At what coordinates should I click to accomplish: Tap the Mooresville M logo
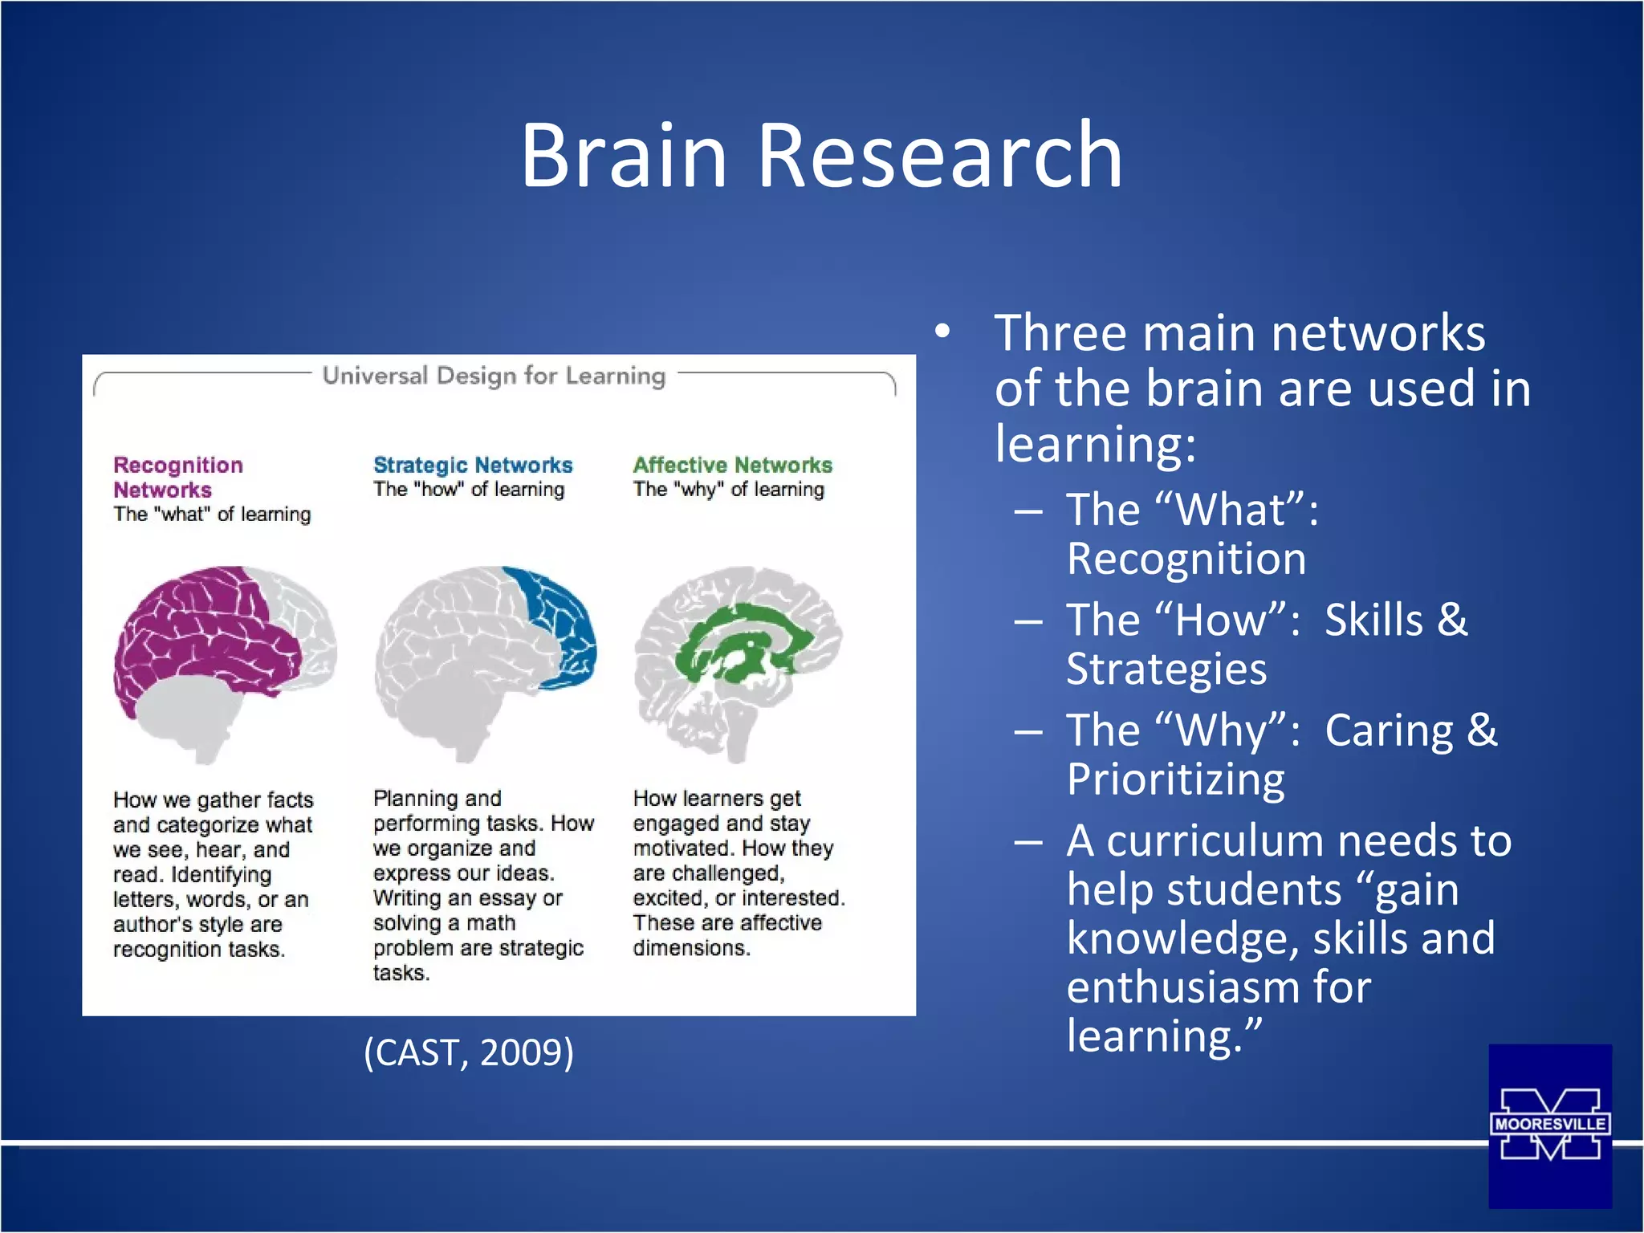pyautogui.click(x=1549, y=1125)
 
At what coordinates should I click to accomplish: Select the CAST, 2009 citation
pyautogui.click(x=469, y=1052)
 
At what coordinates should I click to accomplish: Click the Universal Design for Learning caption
pyautogui.click(x=494, y=376)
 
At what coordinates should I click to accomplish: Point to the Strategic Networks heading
pyautogui.click(x=473, y=465)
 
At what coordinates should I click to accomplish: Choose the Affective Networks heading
pyautogui.click(x=732, y=465)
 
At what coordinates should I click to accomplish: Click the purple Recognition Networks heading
pyautogui.click(x=177, y=477)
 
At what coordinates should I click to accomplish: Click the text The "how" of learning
pyautogui.click(x=469, y=490)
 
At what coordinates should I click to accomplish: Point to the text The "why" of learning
pyautogui.click(x=728, y=490)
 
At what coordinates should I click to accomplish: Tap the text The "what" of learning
pyautogui.click(x=212, y=515)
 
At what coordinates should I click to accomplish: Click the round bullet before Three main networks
pyautogui.click(x=942, y=332)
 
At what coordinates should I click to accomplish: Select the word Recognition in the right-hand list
pyautogui.click(x=1186, y=559)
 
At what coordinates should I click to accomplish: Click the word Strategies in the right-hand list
pyautogui.click(x=1166, y=669)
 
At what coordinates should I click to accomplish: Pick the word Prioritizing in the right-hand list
pyautogui.click(x=1175, y=779)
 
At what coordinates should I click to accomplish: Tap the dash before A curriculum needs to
pyautogui.click(x=1028, y=842)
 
